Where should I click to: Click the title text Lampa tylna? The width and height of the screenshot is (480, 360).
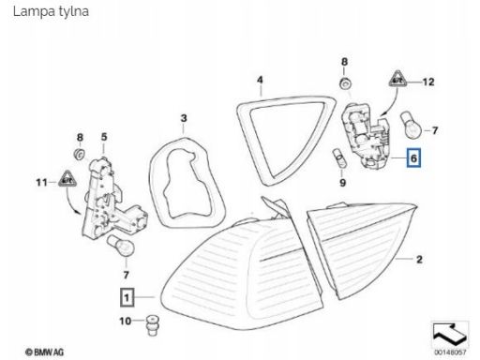pos(51,11)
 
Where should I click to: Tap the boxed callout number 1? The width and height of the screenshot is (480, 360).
pos(127,297)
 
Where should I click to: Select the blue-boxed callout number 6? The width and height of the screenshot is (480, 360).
pos(413,158)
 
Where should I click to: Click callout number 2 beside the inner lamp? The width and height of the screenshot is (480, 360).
pos(419,259)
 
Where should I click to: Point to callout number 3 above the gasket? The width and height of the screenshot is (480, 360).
pos(184,118)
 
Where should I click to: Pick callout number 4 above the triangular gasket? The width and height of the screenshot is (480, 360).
pos(260,80)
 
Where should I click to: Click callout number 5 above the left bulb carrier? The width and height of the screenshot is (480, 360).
pos(104,137)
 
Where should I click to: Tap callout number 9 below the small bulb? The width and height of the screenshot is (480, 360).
pos(343,183)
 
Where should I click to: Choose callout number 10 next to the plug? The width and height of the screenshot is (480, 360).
pos(126,321)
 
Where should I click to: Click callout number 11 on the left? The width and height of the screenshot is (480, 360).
pos(41,182)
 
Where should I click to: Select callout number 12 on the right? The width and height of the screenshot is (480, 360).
pos(428,82)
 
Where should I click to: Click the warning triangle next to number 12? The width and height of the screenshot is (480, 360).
pos(397,79)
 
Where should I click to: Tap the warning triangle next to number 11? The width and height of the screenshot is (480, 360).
pos(67,179)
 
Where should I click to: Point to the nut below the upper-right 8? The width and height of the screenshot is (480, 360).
pos(345,83)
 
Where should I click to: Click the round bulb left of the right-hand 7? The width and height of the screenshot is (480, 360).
pos(412,126)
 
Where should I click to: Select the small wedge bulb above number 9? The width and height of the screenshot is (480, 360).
pos(339,159)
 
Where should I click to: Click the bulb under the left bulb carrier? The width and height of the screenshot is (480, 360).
pos(121,247)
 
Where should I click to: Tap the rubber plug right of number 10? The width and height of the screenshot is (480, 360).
pos(152,325)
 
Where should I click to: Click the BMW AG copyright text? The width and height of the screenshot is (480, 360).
pos(45,352)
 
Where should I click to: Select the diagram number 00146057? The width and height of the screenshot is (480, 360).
pos(450,352)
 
